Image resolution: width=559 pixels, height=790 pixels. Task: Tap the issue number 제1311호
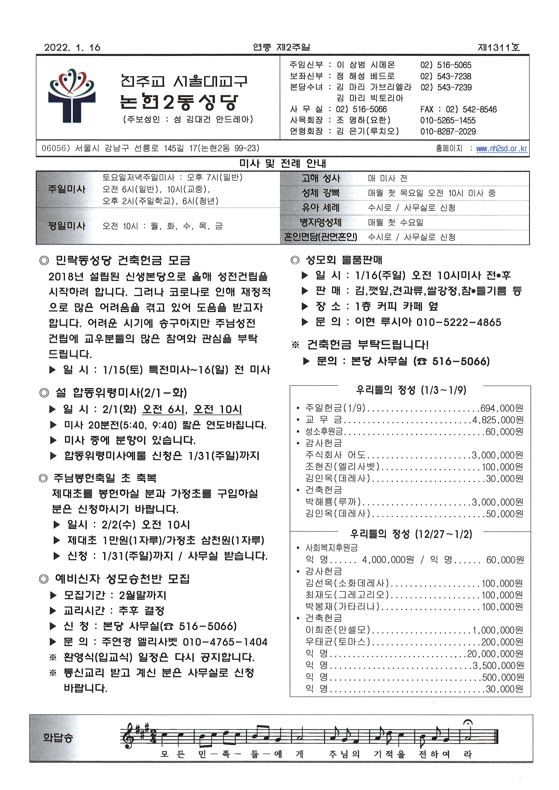pyautogui.click(x=498, y=48)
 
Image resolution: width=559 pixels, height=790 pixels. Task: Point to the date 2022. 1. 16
pyautogui.click(x=72, y=48)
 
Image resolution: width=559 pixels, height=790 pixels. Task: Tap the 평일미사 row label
pyautogui.click(x=67, y=226)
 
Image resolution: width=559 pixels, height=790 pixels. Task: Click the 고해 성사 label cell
pyautogui.click(x=321, y=178)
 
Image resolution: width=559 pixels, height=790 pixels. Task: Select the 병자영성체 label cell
pyautogui.click(x=321, y=222)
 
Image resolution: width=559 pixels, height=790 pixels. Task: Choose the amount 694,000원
pyautogui.click(x=502, y=408)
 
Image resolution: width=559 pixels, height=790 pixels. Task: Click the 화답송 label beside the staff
pyautogui.click(x=58, y=738)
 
